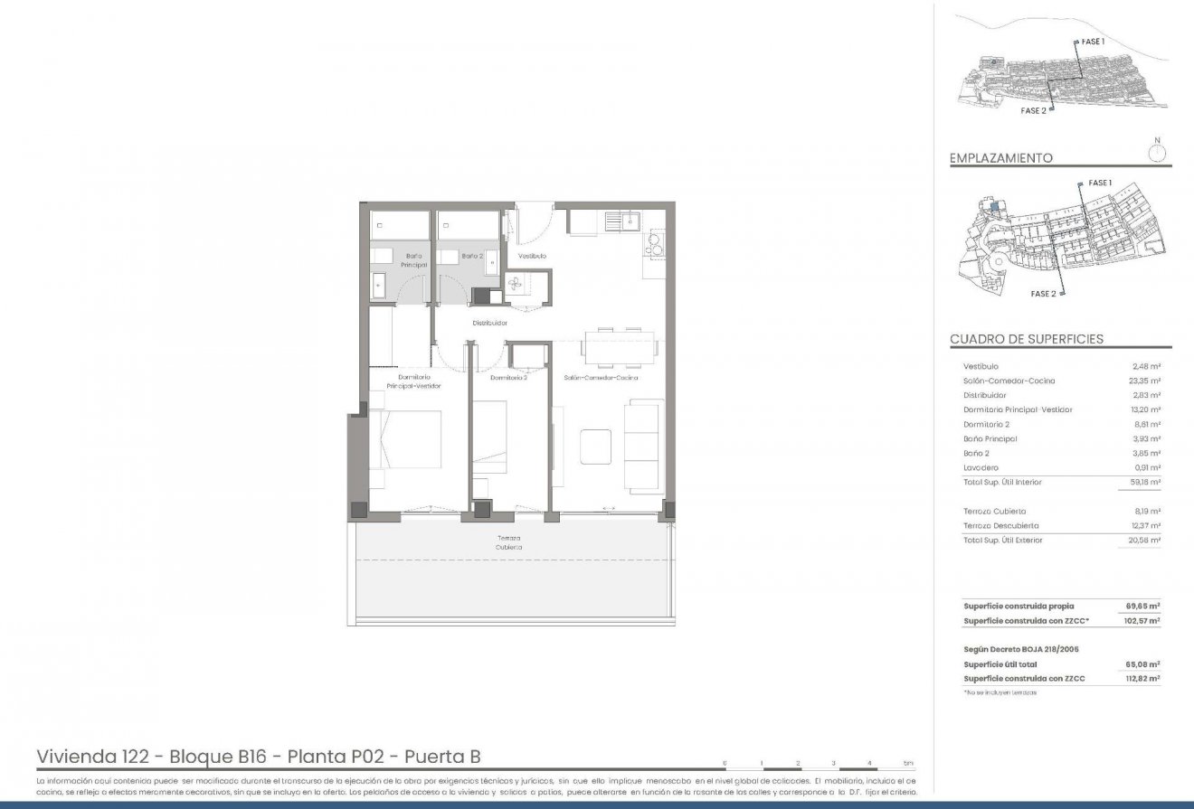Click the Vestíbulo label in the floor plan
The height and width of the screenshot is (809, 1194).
[532, 256]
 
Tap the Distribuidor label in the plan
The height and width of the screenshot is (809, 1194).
[489, 323]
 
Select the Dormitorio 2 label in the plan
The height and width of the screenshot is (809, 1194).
[508, 378]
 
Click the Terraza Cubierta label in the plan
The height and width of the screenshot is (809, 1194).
[507, 542]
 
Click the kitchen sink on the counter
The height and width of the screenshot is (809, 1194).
[625, 220]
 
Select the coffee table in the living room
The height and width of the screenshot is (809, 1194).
[596, 445]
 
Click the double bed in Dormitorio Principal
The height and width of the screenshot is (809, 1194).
[405, 439]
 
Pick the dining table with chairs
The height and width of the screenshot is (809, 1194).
[619, 345]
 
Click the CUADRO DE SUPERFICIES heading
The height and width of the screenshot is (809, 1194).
[1026, 339]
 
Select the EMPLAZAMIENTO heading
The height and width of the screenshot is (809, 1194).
[1000, 158]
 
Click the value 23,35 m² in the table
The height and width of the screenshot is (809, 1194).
[1146, 381]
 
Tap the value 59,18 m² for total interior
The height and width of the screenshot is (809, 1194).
[1146, 482]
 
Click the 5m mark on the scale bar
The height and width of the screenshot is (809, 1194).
[907, 764]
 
